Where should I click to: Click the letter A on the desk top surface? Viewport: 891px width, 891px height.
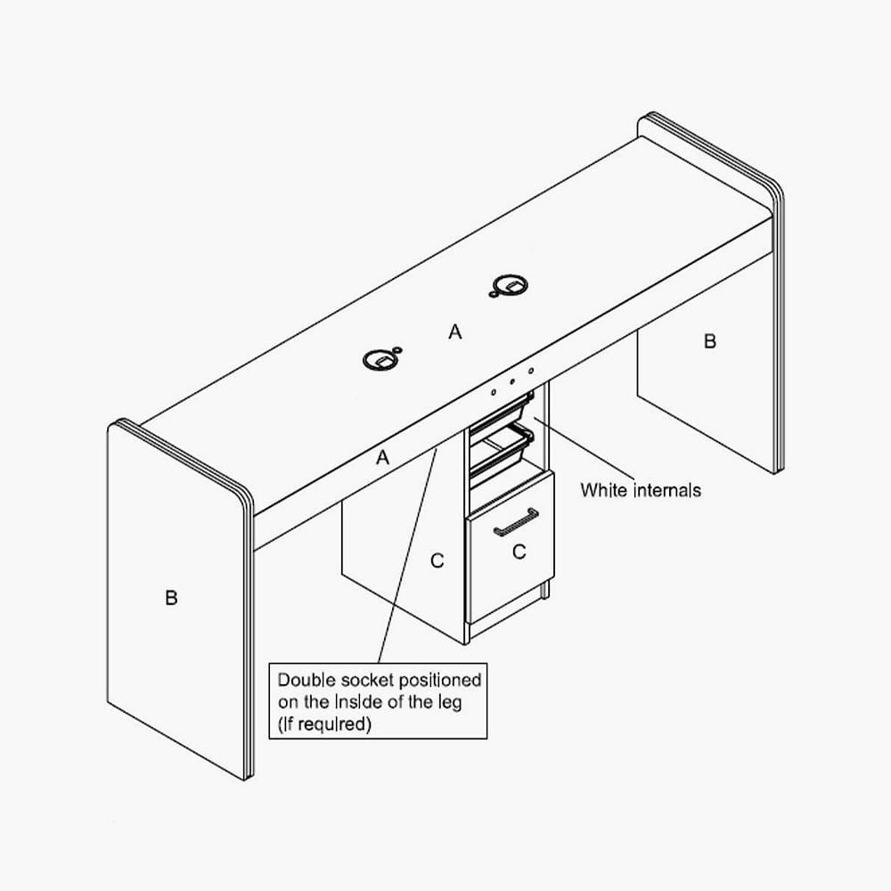(x=454, y=331)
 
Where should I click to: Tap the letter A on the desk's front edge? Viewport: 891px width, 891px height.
(x=382, y=457)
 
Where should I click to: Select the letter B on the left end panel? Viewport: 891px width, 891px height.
(x=171, y=598)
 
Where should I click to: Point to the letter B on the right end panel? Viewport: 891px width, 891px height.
(x=710, y=341)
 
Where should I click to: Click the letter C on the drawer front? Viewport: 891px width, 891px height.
(x=519, y=552)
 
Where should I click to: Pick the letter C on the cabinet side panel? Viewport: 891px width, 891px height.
(x=437, y=560)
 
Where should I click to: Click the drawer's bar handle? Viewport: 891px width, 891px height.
(x=516, y=522)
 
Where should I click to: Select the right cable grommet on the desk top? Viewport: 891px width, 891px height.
(x=511, y=285)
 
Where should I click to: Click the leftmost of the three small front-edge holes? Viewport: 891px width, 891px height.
(x=494, y=392)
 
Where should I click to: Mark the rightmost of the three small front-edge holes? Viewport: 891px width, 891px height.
(x=531, y=371)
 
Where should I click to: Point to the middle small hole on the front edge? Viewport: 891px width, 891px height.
(x=512, y=382)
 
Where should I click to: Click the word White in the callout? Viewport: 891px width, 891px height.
(x=604, y=490)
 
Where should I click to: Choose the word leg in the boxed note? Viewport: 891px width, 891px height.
(x=449, y=703)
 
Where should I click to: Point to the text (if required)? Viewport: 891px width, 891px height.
(x=324, y=724)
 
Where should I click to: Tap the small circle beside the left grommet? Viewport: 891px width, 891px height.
(x=396, y=349)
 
